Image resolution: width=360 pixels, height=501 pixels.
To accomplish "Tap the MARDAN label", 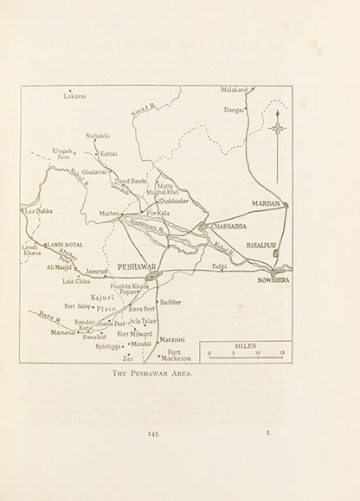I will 268,203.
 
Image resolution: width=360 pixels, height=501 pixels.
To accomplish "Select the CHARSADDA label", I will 227,226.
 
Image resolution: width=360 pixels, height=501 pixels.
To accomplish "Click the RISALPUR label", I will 263,245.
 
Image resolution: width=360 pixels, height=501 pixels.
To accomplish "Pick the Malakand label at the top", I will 234,89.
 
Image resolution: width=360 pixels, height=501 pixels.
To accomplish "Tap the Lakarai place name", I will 75,96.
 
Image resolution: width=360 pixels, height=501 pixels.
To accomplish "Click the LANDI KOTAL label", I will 64,245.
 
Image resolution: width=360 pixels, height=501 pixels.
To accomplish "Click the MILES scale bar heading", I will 246,345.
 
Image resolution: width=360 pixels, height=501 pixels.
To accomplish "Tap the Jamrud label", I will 96,271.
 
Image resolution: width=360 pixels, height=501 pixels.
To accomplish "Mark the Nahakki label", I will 98,136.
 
